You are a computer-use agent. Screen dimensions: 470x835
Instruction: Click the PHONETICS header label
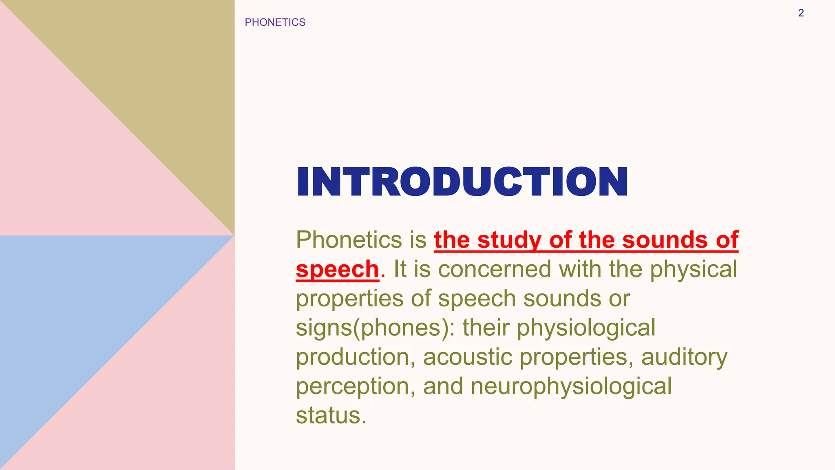tap(275, 22)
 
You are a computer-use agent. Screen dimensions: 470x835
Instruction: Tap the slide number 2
tap(801, 13)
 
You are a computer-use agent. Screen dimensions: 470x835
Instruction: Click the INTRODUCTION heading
tap(462, 182)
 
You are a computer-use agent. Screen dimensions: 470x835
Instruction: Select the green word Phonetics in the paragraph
tap(349, 239)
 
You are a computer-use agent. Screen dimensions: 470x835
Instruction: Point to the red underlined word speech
tap(337, 269)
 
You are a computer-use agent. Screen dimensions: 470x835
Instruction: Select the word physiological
tap(586, 328)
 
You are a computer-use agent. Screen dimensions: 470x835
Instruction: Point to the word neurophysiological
tap(571, 387)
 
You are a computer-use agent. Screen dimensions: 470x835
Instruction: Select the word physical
tap(693, 269)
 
